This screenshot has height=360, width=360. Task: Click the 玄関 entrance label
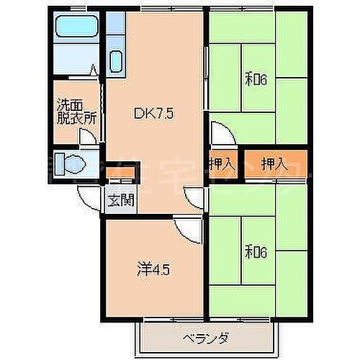120,201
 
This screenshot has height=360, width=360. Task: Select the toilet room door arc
89,194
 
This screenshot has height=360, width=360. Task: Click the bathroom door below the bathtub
94,73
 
